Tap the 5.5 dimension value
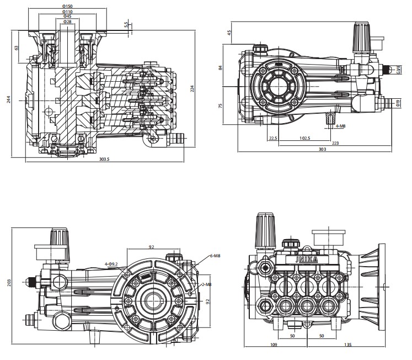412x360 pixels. click(126, 25)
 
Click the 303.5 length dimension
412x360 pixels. click(104, 160)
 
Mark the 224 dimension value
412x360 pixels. click(192, 88)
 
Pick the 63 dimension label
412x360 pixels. click(17, 48)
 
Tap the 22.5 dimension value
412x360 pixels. click(272, 138)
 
